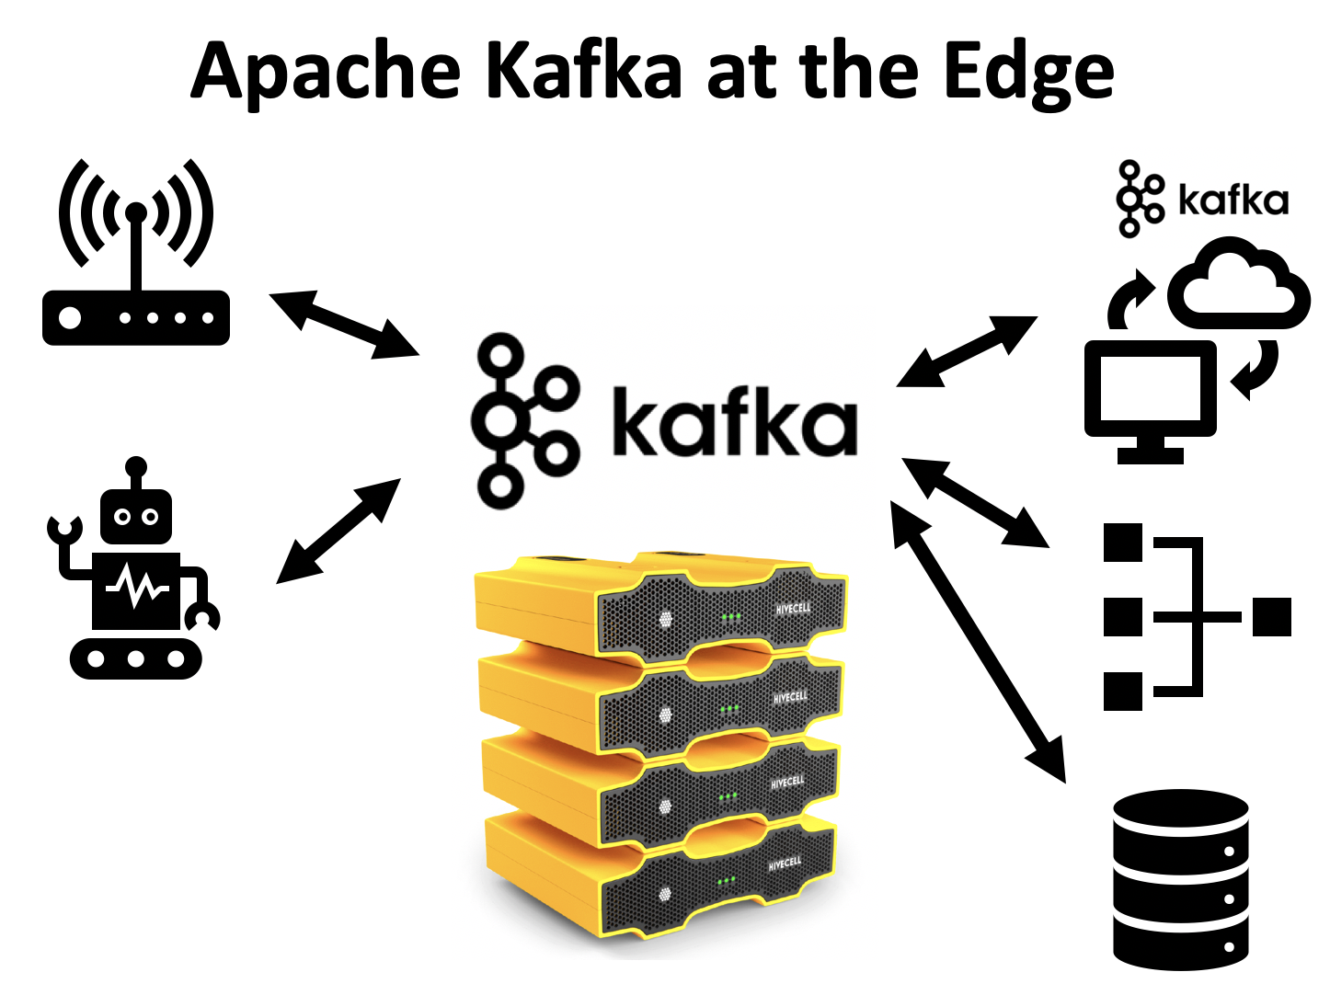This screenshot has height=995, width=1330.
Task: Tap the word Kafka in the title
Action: (583, 72)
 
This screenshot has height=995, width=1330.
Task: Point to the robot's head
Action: (136, 515)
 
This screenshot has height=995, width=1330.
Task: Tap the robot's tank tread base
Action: (136, 658)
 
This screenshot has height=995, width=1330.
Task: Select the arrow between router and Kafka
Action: (344, 324)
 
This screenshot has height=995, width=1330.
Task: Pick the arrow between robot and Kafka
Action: (339, 531)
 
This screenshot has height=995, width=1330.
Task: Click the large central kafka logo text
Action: (733, 423)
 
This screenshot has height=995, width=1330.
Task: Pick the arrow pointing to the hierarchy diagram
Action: (976, 502)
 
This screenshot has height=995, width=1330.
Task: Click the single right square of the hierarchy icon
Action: (1271, 616)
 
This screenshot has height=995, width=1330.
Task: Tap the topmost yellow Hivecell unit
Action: (658, 602)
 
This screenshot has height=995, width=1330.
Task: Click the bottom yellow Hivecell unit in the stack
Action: (658, 878)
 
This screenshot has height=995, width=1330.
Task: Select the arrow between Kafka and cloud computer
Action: (967, 351)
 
